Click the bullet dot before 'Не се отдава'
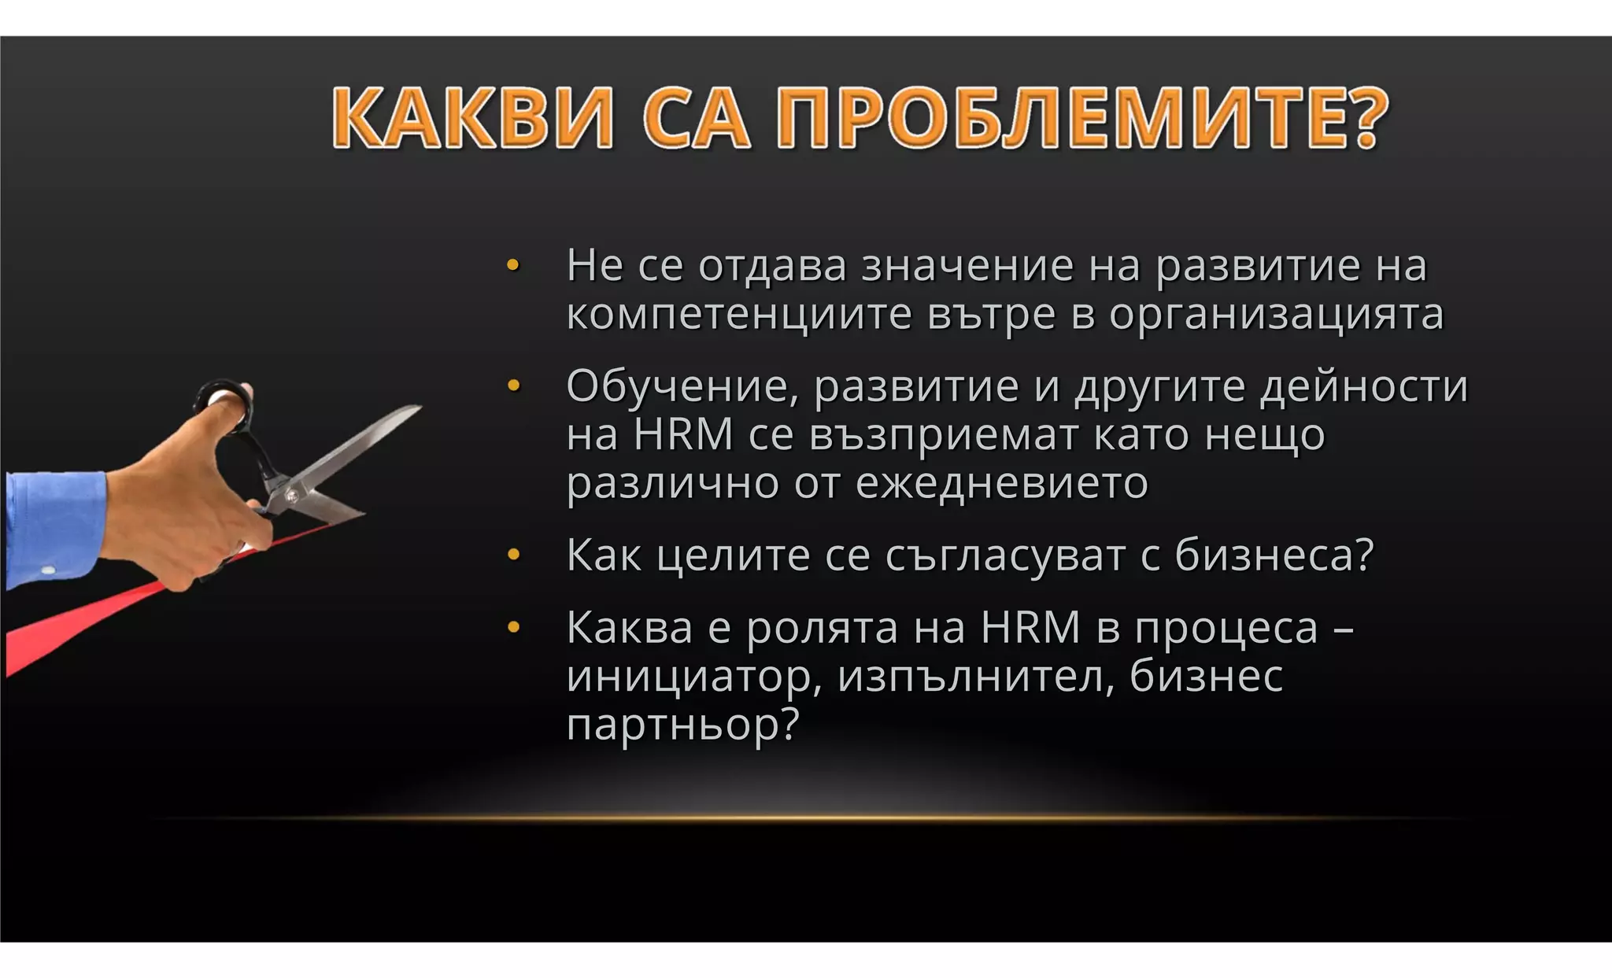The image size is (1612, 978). (x=513, y=266)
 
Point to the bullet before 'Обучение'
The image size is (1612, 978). (x=513, y=386)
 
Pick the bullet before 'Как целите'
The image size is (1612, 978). (x=513, y=555)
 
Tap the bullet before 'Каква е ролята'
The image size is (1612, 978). (x=513, y=628)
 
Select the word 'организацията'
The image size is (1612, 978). (x=1277, y=315)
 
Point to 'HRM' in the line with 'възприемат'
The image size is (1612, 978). (x=683, y=434)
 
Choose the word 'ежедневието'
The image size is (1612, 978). (x=1001, y=482)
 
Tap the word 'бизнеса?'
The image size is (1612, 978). (x=1274, y=555)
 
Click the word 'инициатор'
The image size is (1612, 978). (x=693, y=677)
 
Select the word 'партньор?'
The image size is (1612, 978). (x=682, y=725)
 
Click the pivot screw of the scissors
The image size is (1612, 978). (x=293, y=495)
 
